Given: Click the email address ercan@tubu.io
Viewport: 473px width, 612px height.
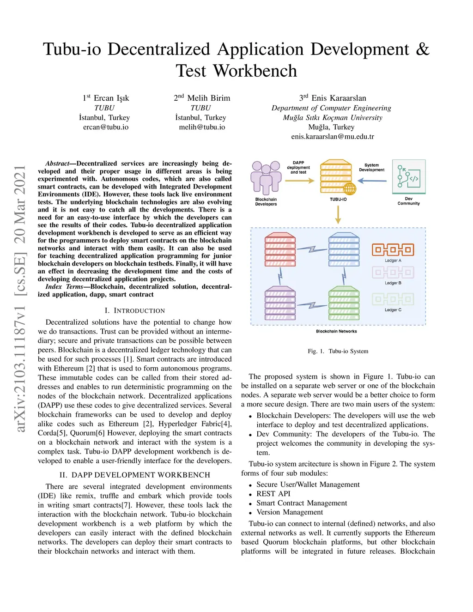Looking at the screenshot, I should (x=106, y=127).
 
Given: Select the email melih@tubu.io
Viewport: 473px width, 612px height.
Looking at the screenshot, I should (x=202, y=127).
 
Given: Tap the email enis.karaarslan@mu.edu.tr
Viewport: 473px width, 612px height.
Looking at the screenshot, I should (x=332, y=137).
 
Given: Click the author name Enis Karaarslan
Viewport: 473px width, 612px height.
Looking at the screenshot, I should (x=339, y=98).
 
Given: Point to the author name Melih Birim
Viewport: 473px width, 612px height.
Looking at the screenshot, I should (x=208, y=98).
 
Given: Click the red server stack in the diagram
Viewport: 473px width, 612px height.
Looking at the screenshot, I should (x=280, y=249).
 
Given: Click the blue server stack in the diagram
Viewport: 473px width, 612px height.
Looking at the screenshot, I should (x=344, y=249).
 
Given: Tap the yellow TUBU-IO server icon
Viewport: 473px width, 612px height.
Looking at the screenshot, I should (x=338, y=178).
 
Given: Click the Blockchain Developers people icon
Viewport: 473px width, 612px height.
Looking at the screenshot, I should (x=266, y=178).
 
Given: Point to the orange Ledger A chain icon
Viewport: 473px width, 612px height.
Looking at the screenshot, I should (x=393, y=250).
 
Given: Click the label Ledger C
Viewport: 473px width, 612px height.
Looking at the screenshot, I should (x=393, y=310).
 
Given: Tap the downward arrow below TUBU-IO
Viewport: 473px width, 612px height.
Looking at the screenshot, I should (x=338, y=214).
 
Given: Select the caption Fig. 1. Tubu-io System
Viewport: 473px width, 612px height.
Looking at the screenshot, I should (x=338, y=351).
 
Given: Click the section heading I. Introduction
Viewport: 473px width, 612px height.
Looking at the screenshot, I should (x=135, y=311).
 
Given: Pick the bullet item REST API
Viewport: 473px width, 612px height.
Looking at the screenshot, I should (x=273, y=494).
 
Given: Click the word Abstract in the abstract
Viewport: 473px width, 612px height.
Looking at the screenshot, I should (x=57, y=164).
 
